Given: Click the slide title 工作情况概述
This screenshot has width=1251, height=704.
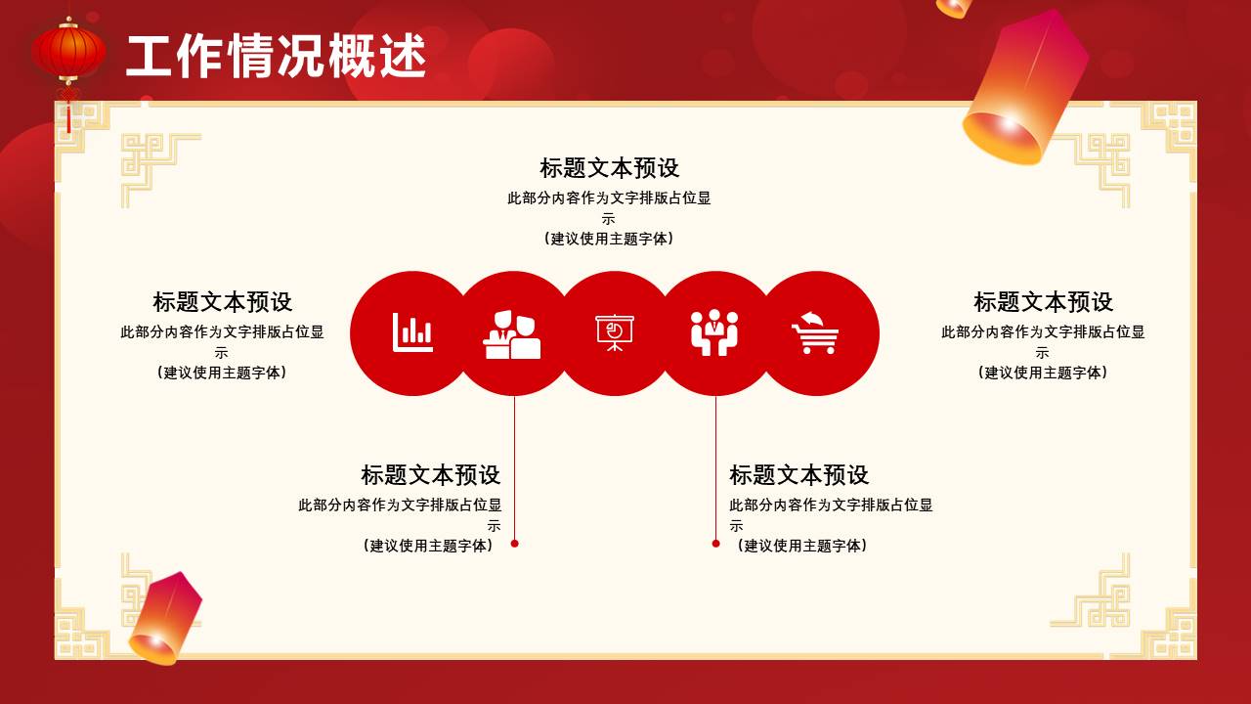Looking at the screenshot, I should point(277,57).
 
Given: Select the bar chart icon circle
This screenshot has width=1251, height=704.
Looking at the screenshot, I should point(412,333).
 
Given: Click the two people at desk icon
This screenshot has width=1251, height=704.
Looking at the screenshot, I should point(513,333).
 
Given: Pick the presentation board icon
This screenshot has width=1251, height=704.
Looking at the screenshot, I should point(615,333).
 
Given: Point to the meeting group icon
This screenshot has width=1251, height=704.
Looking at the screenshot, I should point(714,333).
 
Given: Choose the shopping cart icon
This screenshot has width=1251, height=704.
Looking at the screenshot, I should point(815,333).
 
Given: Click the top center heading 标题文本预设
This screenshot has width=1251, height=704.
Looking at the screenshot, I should point(609,168).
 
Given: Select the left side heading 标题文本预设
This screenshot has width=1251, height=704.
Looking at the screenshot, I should point(222,302).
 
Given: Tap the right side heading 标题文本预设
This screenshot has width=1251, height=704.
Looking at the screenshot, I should point(1043,302).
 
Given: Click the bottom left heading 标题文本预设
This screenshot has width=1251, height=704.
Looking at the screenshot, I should point(430,475).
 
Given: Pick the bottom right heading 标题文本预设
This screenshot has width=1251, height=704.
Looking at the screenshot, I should point(798,475).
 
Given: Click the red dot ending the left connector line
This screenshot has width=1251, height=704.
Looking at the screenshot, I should point(515,544).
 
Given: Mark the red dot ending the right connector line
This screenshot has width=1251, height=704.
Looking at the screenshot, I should point(715,544).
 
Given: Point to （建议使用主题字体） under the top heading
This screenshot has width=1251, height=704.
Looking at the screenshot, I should point(609,239).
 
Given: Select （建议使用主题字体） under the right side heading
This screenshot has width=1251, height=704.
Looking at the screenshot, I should point(1043,373).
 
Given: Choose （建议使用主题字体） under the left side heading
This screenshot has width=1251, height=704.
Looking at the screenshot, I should point(222,373).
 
